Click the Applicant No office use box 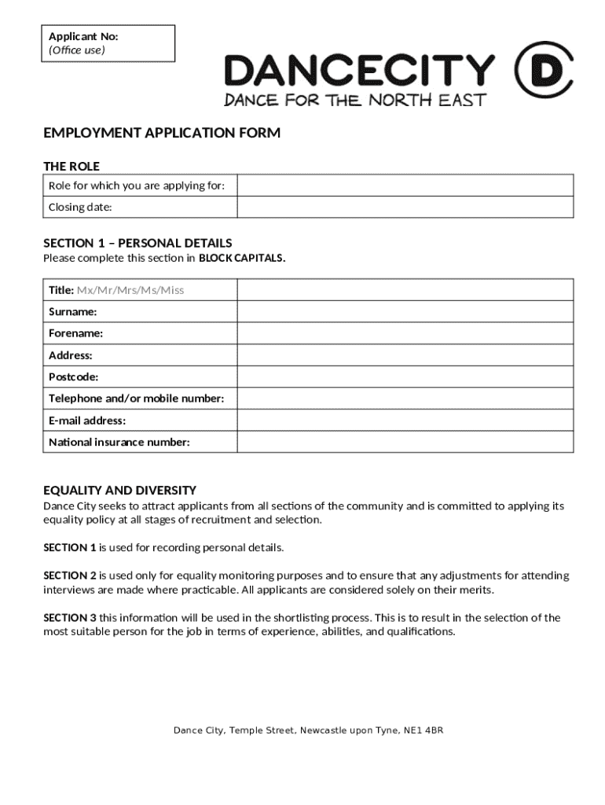pyautogui.click(x=108, y=43)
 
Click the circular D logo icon pyautogui.click(x=543, y=71)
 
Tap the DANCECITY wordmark pyautogui.click(x=360, y=71)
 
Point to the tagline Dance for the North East pyautogui.click(x=355, y=100)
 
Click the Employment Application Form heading pyautogui.click(x=162, y=133)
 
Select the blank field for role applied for pyautogui.click(x=405, y=186)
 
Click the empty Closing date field pyautogui.click(x=405, y=207)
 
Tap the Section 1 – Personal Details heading pyautogui.click(x=137, y=243)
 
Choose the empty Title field pyautogui.click(x=405, y=290)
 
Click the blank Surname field pyautogui.click(x=405, y=312)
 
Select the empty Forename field pyautogui.click(x=405, y=333)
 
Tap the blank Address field pyautogui.click(x=405, y=355)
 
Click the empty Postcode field pyautogui.click(x=405, y=377)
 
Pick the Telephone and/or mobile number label pyautogui.click(x=137, y=399)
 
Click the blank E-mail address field pyautogui.click(x=405, y=421)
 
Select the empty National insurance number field pyautogui.click(x=405, y=442)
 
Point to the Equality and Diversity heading pyautogui.click(x=119, y=490)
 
